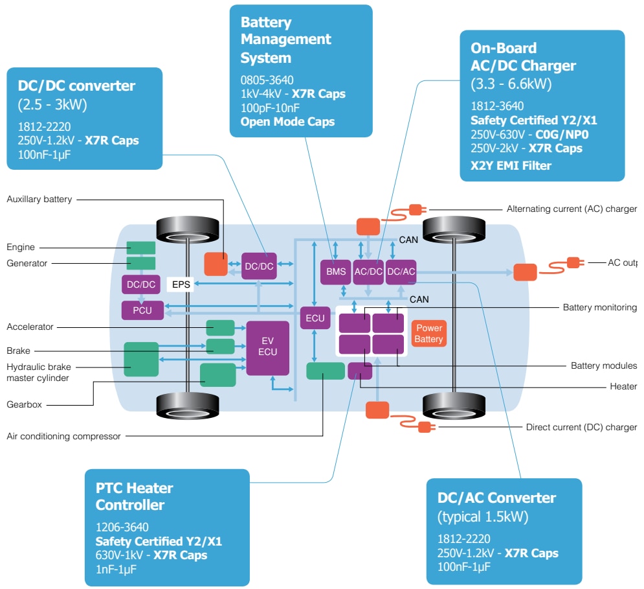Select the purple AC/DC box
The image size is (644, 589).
click(x=368, y=271)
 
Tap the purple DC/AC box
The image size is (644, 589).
click(x=401, y=271)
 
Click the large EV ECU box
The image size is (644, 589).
click(x=267, y=347)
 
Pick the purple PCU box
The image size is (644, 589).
click(x=142, y=310)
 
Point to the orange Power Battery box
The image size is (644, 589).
click(x=428, y=334)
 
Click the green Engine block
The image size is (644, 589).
click(x=140, y=248)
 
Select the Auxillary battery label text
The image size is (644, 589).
click(x=39, y=200)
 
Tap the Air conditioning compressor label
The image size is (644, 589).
click(x=63, y=436)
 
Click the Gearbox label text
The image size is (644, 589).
click(x=24, y=404)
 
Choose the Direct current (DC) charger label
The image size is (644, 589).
click(x=581, y=427)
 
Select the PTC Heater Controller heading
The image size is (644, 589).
click(x=135, y=496)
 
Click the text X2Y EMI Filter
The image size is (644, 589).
click(x=511, y=165)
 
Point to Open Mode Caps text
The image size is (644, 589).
click(x=287, y=121)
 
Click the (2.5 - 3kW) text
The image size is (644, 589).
click(x=52, y=104)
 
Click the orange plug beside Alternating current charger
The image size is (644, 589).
click(x=415, y=209)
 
